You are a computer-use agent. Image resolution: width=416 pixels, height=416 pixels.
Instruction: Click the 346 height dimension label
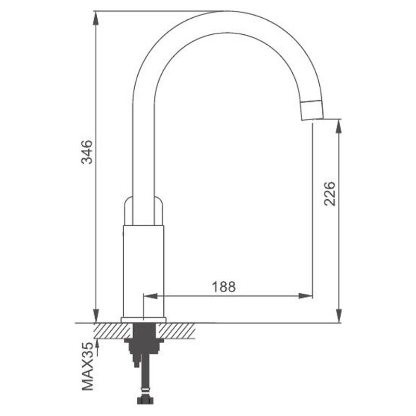click(87, 152)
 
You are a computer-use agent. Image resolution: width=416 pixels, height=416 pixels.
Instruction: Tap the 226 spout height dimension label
click(330, 194)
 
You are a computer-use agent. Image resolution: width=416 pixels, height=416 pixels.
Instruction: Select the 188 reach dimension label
click(224, 287)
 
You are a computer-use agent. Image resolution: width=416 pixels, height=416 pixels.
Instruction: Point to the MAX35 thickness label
click(88, 367)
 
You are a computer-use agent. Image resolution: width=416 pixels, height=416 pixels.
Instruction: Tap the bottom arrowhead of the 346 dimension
click(96, 316)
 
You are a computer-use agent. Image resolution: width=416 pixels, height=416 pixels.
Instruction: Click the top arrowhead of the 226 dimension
click(339, 126)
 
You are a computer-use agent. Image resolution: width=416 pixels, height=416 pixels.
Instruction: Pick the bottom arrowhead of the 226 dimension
click(339, 316)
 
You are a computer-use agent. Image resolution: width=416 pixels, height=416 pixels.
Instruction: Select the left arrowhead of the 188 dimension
click(150, 296)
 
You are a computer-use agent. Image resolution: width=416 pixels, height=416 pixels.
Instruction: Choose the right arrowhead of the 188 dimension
click(306, 296)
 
